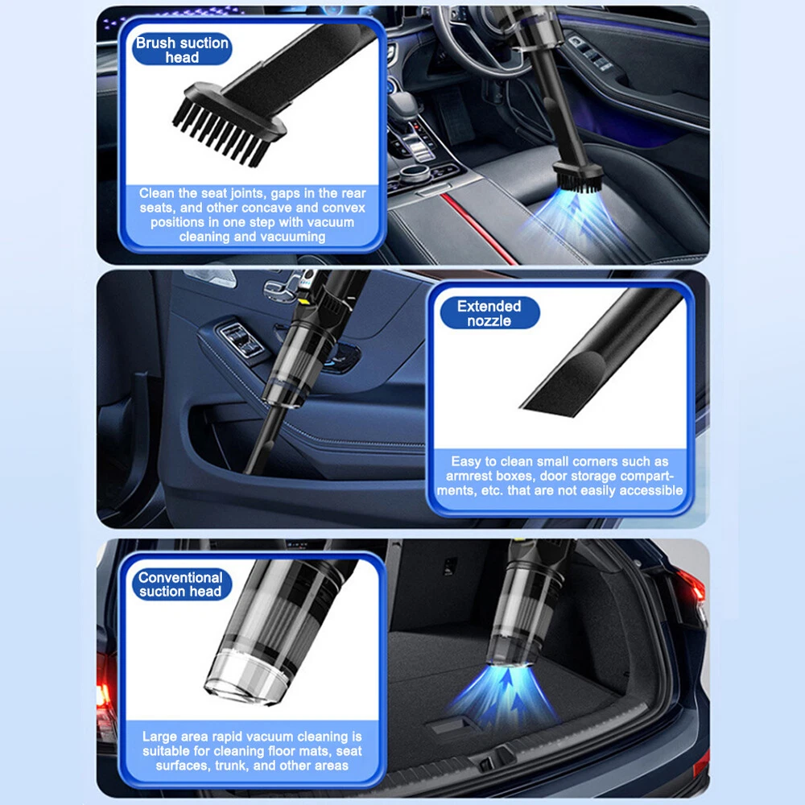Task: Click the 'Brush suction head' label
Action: [182, 50]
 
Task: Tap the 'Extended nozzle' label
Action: [489, 313]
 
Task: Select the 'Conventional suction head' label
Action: [180, 584]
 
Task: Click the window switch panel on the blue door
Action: [242, 340]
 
